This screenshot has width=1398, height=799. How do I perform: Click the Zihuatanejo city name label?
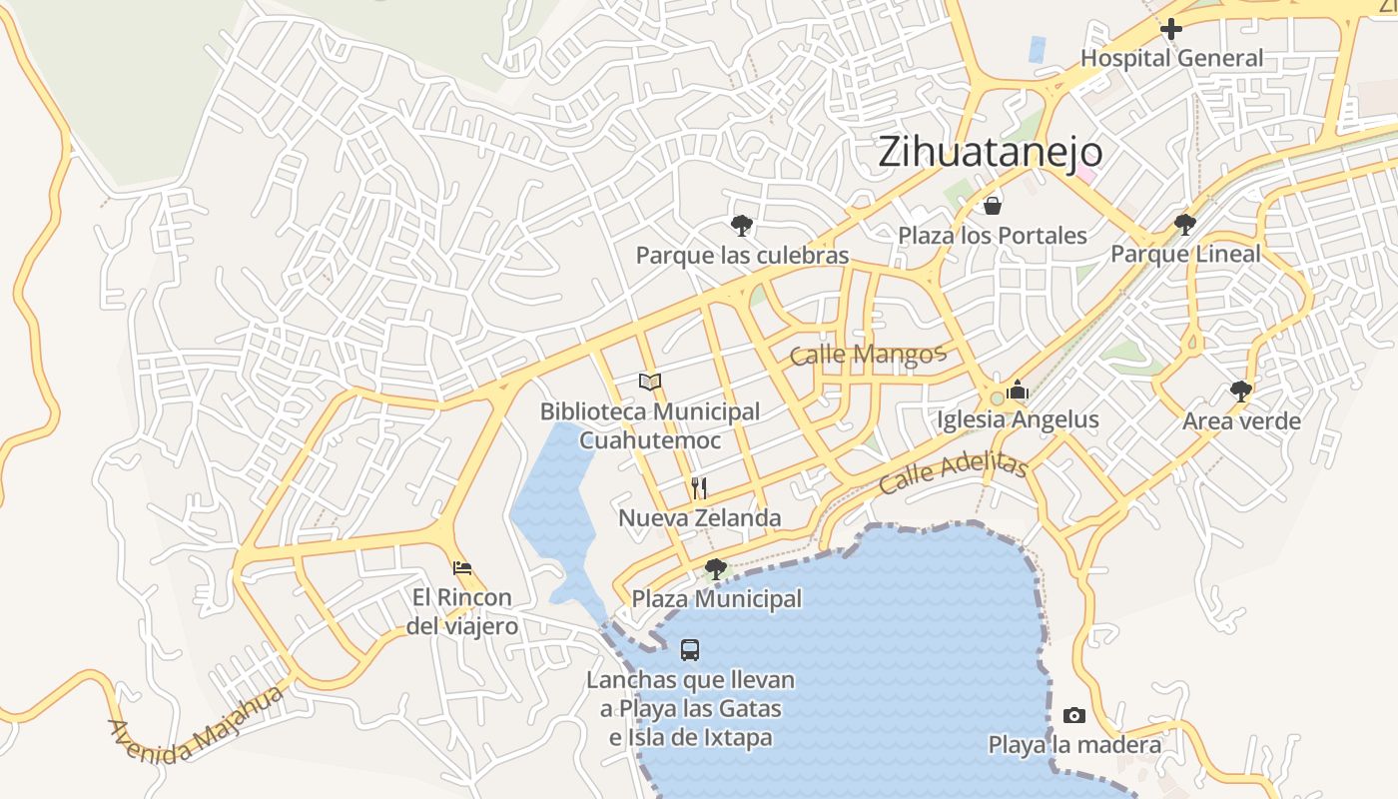click(x=991, y=152)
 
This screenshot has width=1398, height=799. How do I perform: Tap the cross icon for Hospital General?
click(x=1171, y=30)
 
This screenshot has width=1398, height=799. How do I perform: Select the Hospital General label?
click(x=1172, y=58)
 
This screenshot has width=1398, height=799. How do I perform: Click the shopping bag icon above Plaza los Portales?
click(x=993, y=207)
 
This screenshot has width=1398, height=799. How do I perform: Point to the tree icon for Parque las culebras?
click(x=741, y=225)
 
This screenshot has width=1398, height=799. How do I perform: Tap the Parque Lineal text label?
click(x=1185, y=254)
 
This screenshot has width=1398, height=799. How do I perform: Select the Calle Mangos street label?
click(x=867, y=355)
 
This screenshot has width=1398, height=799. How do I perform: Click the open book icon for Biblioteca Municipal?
click(x=650, y=382)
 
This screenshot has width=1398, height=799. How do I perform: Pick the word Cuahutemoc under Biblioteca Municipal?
click(x=650, y=440)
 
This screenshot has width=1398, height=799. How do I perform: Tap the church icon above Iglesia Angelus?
click(x=1018, y=391)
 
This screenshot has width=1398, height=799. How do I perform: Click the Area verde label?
click(x=1241, y=420)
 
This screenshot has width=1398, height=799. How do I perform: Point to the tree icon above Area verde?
click(x=1241, y=391)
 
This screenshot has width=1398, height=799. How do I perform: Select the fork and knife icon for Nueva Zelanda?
click(x=699, y=488)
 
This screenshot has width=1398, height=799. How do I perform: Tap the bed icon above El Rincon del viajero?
click(x=461, y=568)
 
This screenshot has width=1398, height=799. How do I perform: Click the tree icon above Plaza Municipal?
click(x=715, y=569)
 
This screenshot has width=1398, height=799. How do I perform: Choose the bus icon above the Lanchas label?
click(x=690, y=650)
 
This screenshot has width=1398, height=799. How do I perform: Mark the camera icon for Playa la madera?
click(x=1074, y=715)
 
